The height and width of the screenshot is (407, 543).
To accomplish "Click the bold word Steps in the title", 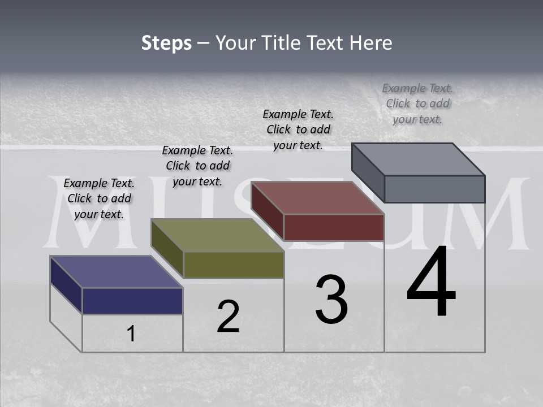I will point(166,43).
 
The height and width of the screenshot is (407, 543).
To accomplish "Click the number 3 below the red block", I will point(331,300).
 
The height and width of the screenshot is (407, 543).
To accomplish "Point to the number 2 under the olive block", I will point(228,317).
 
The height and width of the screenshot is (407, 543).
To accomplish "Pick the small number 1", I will point(131,334).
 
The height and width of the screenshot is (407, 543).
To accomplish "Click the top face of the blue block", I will point(115,272).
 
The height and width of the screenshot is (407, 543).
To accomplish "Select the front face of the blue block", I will point(132,301).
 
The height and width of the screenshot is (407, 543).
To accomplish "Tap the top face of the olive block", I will point(217,235).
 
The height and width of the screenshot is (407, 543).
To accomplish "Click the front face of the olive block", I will point(234,265).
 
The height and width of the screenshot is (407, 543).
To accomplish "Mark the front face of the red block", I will point(334,227).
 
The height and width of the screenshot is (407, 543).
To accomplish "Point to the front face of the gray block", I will point(434,189).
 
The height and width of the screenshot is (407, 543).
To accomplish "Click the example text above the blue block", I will point(99,199).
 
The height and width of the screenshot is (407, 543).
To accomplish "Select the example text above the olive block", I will point(197,166).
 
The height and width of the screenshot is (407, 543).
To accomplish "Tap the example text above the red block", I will point(298,129).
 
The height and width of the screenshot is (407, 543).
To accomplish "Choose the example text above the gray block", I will point(417,103).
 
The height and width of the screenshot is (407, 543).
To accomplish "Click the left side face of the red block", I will point(267,210).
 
